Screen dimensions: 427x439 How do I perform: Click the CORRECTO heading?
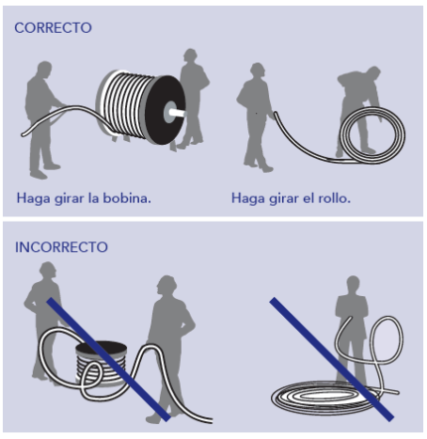(53, 28)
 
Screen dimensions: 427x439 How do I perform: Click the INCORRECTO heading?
(62, 247)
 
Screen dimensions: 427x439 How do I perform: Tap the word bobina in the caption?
(127, 198)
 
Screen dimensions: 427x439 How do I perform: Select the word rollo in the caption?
(334, 198)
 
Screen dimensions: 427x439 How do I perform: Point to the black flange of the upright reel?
(165, 110)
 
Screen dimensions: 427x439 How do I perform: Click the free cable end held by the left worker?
(24, 134)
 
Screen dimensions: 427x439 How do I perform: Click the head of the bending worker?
(373, 73)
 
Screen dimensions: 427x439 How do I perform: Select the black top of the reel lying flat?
(101, 348)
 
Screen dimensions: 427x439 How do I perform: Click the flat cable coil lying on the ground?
(326, 397)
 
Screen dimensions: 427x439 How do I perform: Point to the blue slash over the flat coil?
(332, 360)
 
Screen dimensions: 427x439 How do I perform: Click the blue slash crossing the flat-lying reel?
(108, 360)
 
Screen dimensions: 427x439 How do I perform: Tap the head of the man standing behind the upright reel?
(190, 57)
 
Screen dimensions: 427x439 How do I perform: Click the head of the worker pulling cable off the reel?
(45, 69)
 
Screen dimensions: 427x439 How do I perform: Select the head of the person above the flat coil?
(353, 284)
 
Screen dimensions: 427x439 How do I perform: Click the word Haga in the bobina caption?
(33, 198)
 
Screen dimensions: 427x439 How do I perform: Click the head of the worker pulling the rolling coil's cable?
(257, 71)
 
